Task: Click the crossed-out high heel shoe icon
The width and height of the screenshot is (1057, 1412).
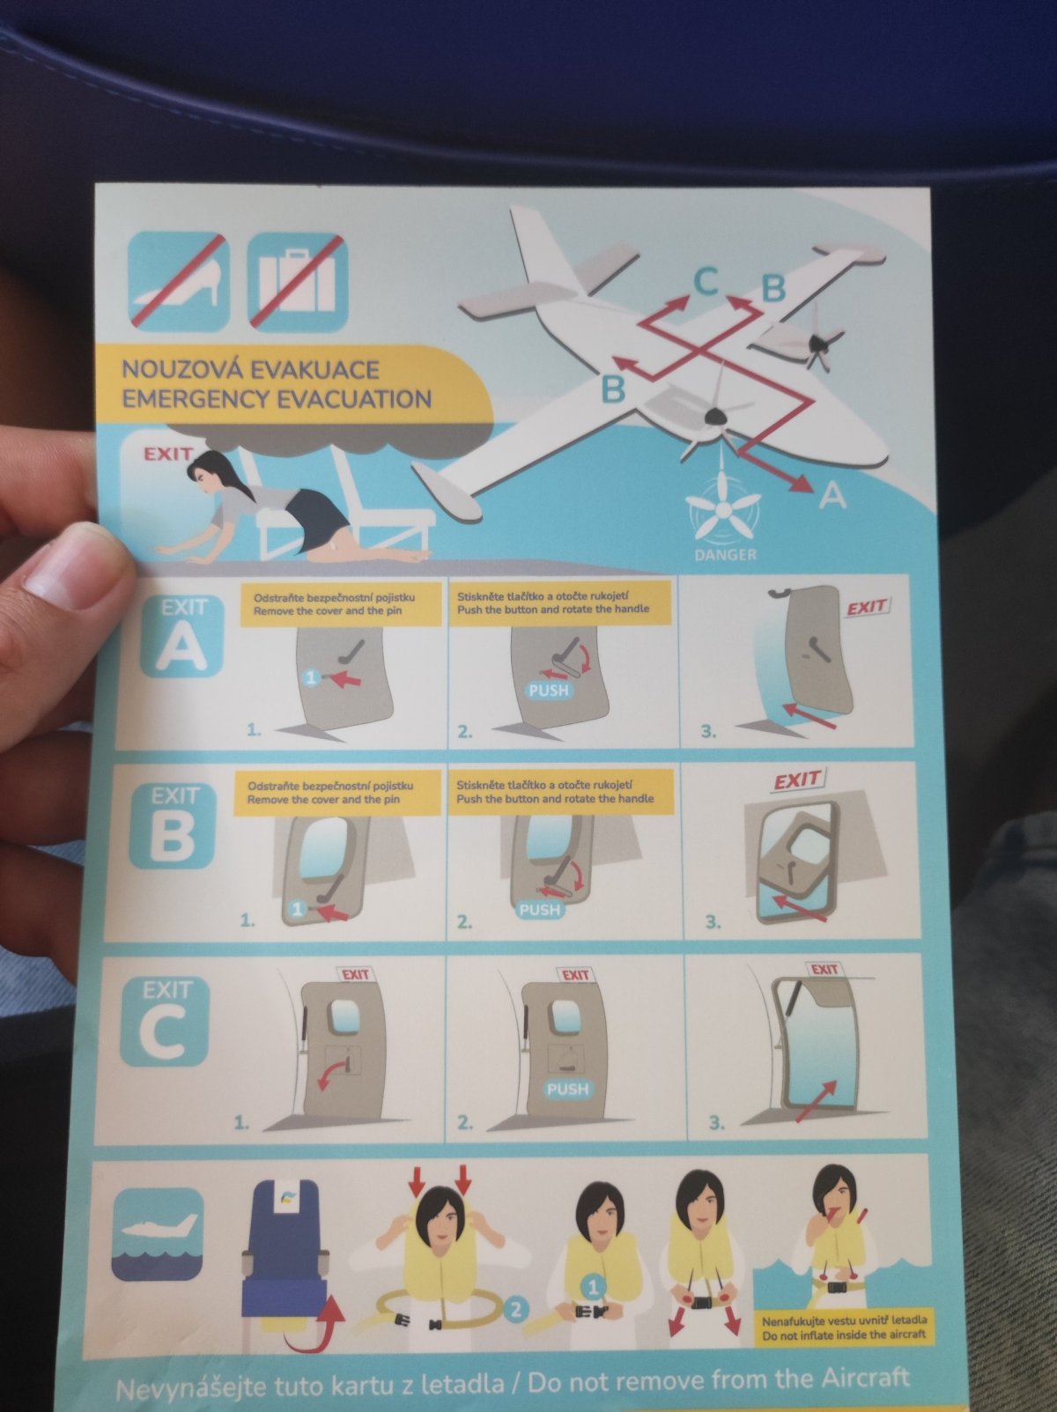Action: (179, 281)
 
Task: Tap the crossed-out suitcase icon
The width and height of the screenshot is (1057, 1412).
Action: (298, 282)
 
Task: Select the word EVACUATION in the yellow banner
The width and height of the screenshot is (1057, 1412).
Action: (354, 400)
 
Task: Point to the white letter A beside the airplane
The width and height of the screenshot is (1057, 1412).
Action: (832, 496)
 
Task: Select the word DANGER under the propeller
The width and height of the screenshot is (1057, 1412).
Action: (725, 555)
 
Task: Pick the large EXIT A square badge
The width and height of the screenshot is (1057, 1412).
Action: (183, 636)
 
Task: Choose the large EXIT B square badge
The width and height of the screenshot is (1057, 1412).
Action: (173, 825)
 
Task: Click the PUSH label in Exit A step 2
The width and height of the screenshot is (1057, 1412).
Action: (548, 691)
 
